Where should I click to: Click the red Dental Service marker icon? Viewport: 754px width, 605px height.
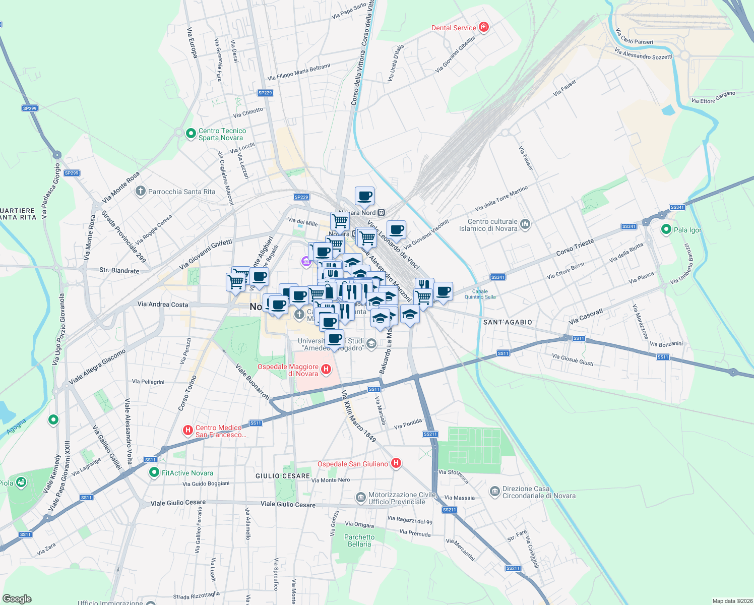[484, 27]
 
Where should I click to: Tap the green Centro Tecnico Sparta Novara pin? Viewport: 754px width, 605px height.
[191, 134]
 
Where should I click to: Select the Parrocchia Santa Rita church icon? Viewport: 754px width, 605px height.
[141, 191]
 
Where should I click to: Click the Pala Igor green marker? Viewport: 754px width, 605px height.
[666, 230]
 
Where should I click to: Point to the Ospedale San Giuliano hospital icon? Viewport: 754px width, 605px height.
[396, 463]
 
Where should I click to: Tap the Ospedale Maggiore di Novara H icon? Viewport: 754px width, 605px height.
[326, 370]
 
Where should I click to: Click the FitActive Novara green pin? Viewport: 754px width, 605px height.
[154, 472]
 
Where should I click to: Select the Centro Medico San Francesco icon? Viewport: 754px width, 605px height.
[188, 431]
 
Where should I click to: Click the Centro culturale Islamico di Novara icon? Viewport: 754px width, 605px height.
[525, 224]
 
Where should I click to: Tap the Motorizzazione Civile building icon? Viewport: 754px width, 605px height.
[360, 498]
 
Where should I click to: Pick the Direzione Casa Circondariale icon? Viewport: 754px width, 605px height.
[494, 491]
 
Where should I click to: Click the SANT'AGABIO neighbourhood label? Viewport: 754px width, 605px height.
[508, 322]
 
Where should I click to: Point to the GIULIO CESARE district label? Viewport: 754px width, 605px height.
[282, 476]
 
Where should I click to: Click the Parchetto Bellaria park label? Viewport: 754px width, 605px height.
[359, 540]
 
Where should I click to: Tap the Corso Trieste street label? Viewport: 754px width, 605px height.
[575, 247]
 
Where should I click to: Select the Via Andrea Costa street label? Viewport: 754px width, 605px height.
[162, 305]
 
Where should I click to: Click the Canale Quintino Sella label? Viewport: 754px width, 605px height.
[480, 294]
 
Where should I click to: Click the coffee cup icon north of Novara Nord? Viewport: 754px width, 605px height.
[364, 196]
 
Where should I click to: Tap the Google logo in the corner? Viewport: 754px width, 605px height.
[17, 599]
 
